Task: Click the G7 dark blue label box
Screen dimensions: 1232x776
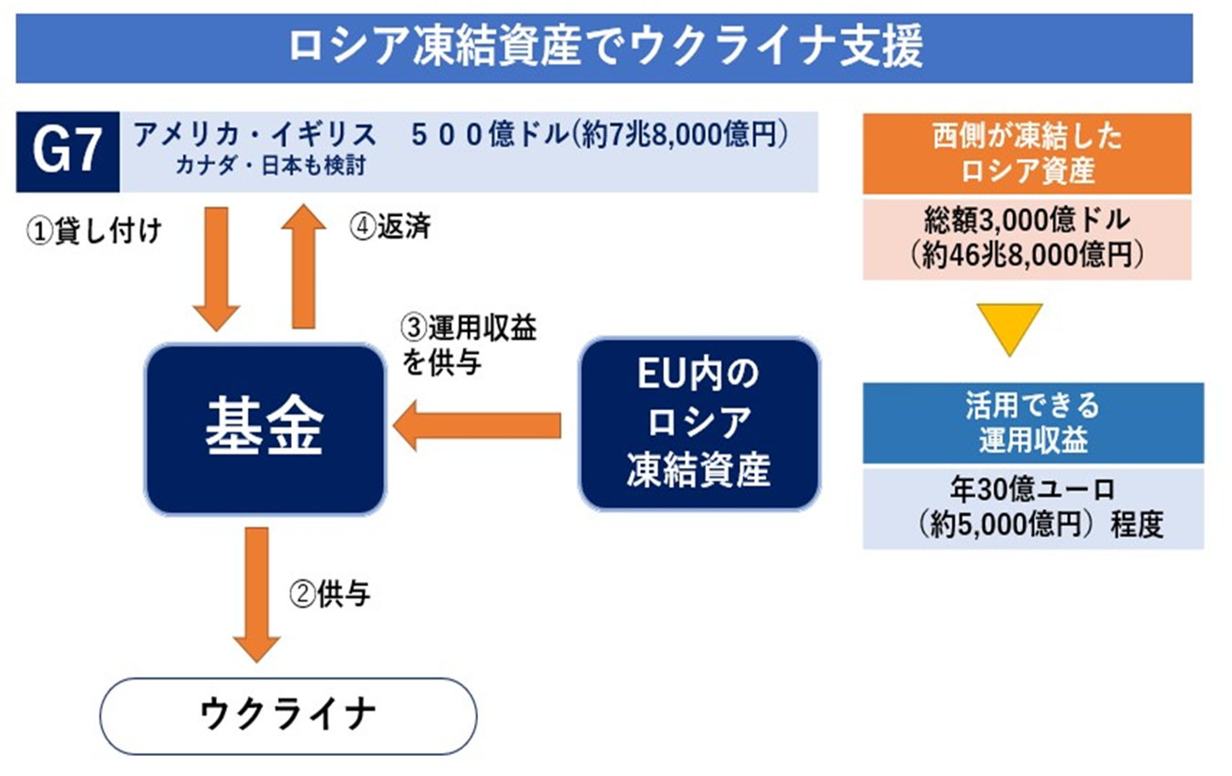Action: point(67,151)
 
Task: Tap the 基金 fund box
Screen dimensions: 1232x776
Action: point(265,429)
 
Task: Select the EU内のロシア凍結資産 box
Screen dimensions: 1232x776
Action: point(699,423)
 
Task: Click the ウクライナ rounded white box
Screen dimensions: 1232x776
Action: point(288,716)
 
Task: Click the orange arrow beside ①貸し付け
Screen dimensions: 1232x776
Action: point(216,269)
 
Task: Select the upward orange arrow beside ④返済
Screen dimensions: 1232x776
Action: point(304,267)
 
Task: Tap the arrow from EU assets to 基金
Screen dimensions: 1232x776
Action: point(477,426)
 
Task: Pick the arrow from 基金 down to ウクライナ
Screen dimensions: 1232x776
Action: point(257,595)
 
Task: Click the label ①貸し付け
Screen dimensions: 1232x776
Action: point(94,231)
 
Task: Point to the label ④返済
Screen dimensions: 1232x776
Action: point(390,226)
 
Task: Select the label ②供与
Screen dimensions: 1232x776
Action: point(330,594)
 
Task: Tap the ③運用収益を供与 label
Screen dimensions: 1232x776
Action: point(469,345)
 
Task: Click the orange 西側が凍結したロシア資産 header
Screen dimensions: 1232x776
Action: point(1027,153)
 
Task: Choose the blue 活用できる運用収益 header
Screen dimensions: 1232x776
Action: point(1033,423)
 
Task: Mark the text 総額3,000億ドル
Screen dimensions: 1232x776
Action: point(1027,220)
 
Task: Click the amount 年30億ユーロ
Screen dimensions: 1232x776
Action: point(1032,489)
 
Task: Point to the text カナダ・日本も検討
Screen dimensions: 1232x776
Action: point(271,165)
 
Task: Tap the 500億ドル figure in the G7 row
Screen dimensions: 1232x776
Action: point(490,134)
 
